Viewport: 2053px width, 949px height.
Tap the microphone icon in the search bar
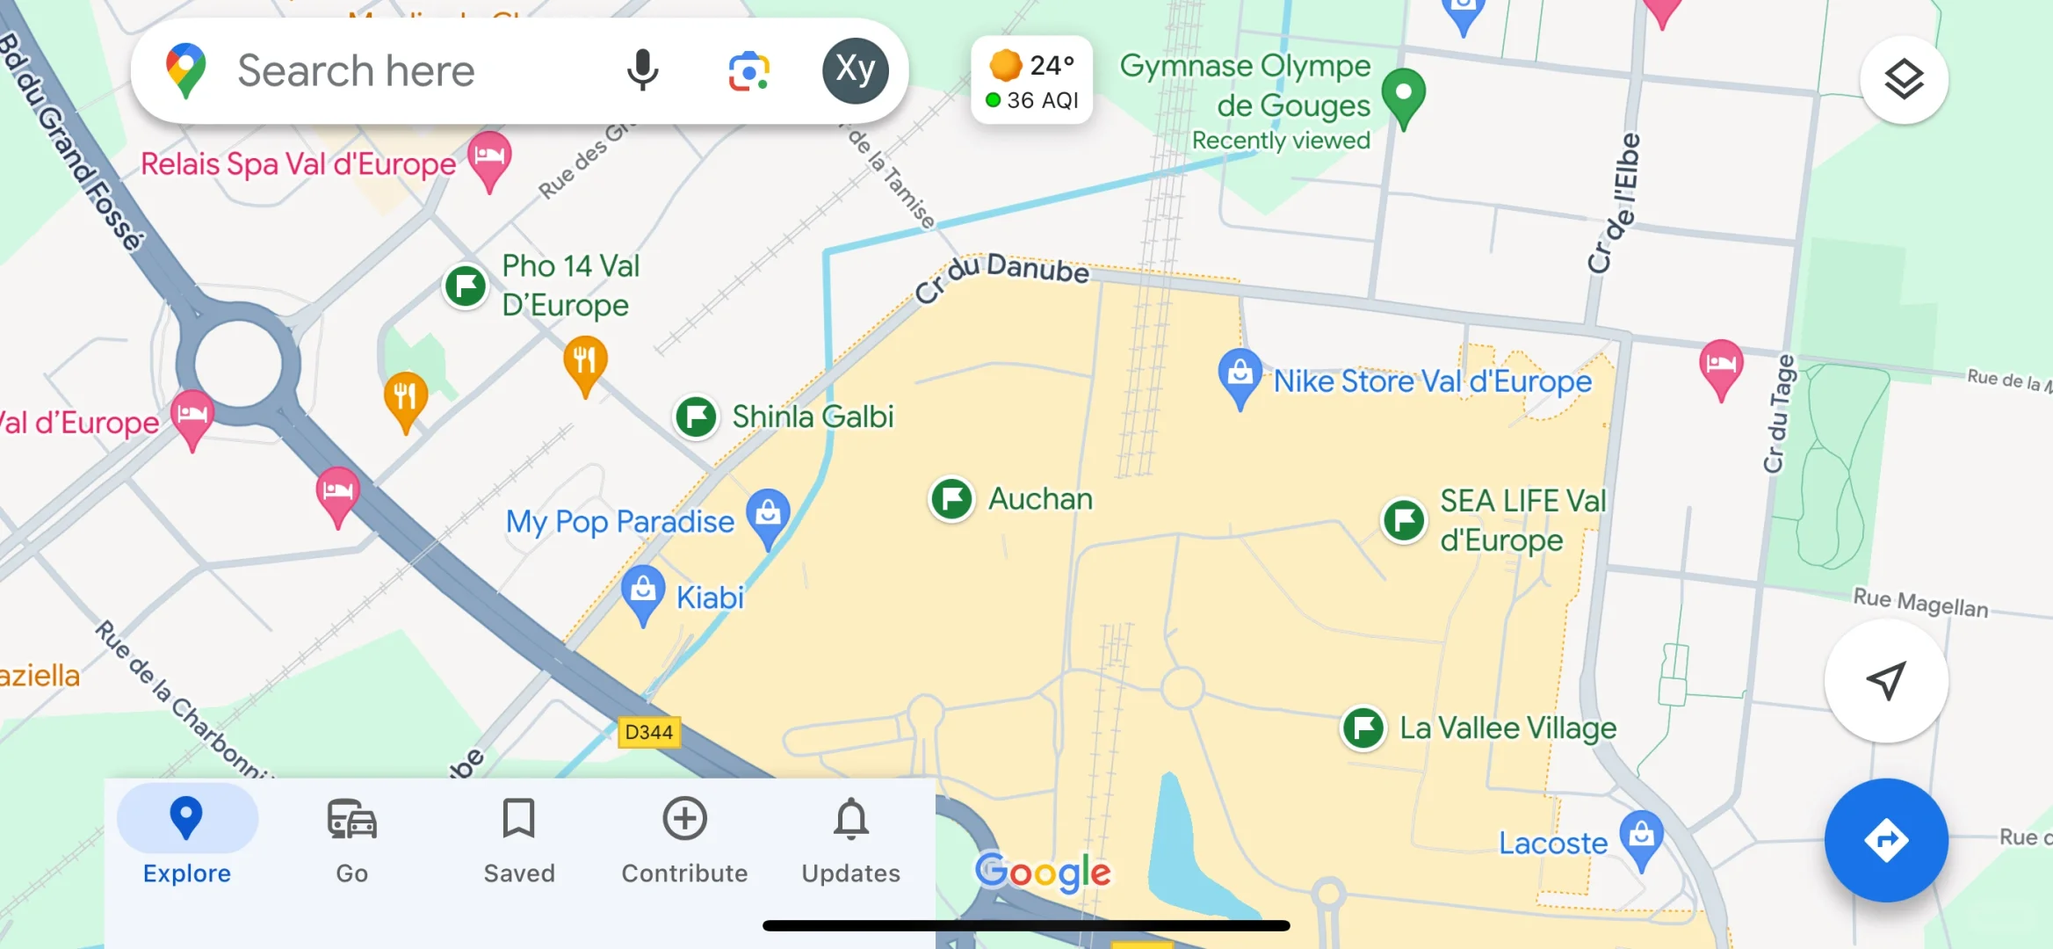[x=642, y=70]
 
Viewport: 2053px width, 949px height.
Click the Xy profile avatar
[x=855, y=70]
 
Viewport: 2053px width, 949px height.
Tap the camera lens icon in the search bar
[x=748, y=70]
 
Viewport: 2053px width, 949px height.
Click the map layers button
[x=1904, y=80]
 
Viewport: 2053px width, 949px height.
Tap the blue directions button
[x=1886, y=840]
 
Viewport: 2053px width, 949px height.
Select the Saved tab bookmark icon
[x=518, y=819]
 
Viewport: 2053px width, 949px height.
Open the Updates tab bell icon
[x=850, y=819]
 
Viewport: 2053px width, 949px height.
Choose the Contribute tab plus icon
[x=684, y=819]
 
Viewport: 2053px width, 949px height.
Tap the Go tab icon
[x=351, y=819]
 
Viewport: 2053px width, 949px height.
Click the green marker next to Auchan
[x=951, y=499]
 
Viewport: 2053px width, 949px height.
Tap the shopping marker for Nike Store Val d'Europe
[x=1240, y=374]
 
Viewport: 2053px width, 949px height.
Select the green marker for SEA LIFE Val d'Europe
[x=1404, y=519]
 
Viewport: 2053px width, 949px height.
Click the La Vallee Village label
[x=1507, y=728]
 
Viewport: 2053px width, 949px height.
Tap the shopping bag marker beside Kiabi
[x=643, y=591]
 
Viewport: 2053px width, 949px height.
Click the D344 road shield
[x=648, y=732]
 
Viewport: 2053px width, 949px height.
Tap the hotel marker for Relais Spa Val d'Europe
[x=489, y=157]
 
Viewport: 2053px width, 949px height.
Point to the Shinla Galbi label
[x=813, y=417]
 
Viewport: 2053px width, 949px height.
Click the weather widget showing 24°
[x=1031, y=81]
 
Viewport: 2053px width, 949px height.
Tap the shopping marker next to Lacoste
[x=1641, y=835]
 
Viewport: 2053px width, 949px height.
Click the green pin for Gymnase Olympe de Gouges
[x=1403, y=94]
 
